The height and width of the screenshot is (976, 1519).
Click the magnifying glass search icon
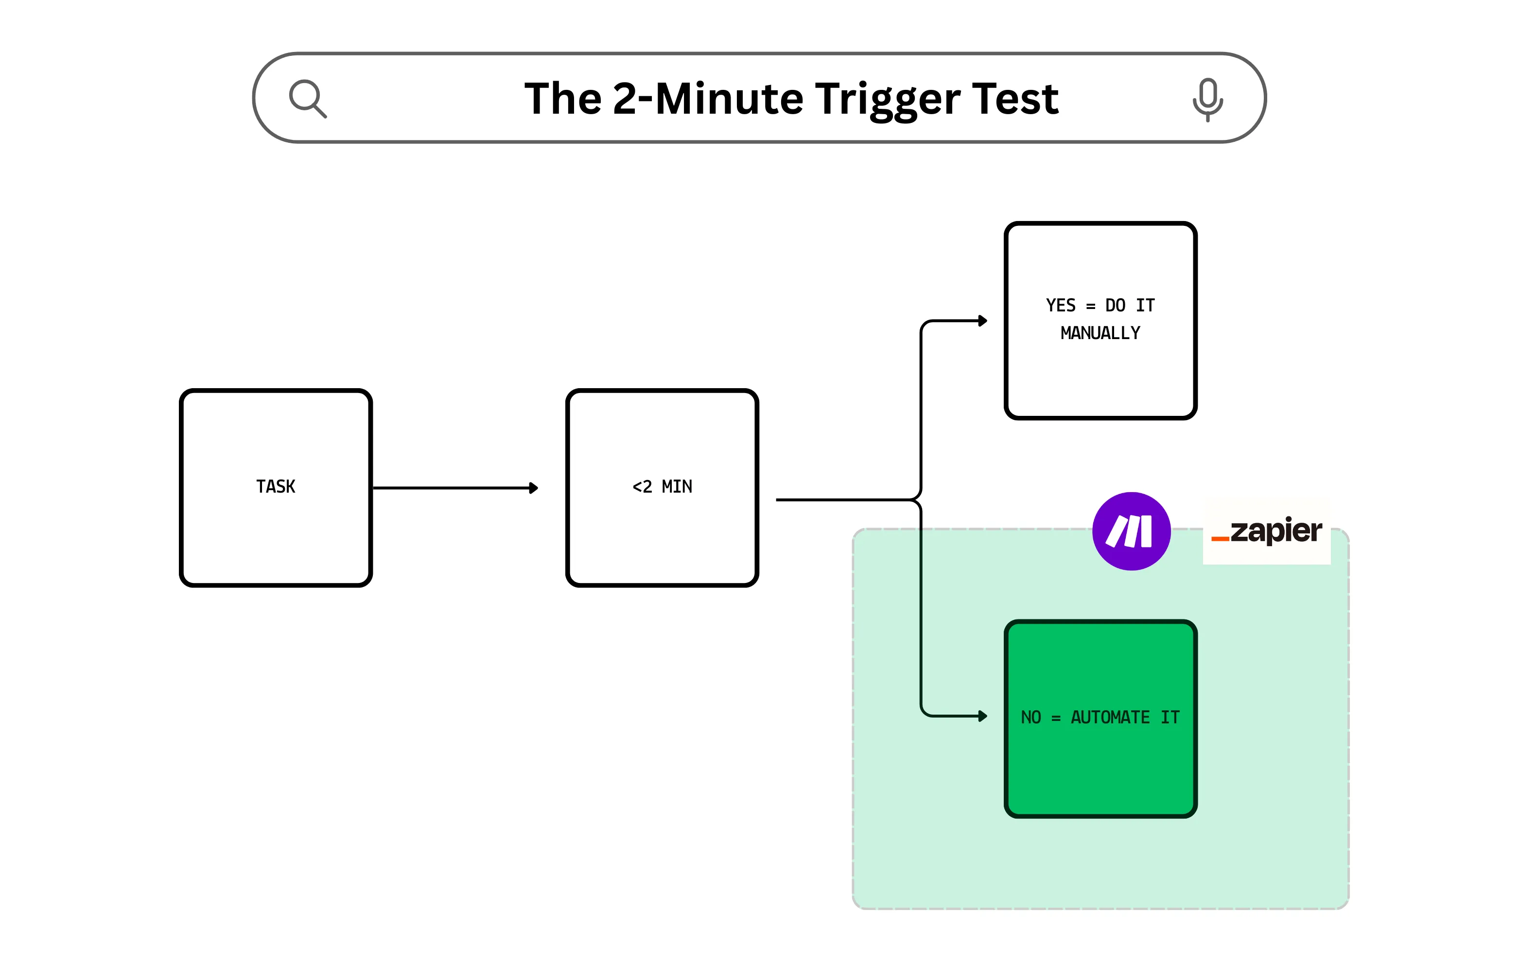pyautogui.click(x=308, y=98)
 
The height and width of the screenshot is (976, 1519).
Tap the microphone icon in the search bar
pyautogui.click(x=1207, y=99)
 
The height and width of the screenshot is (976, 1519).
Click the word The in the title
pyautogui.click(x=562, y=99)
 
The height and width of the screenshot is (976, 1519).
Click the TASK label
pyautogui.click(x=276, y=487)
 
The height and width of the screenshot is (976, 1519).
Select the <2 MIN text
pyautogui.click(x=662, y=487)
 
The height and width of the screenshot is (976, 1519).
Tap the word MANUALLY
pyautogui.click(x=1100, y=333)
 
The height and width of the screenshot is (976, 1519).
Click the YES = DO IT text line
pyautogui.click(x=1100, y=306)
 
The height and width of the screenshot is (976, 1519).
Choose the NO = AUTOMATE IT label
pyautogui.click(x=1100, y=718)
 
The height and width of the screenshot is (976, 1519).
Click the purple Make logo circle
pyautogui.click(x=1131, y=531)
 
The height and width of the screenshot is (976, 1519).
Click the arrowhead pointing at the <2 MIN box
pyautogui.click(x=534, y=488)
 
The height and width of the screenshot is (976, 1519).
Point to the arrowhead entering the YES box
pyautogui.click(x=983, y=321)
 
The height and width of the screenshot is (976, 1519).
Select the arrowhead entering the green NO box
pyautogui.click(x=983, y=716)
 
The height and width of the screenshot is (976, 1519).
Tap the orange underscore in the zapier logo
pyautogui.click(x=1220, y=539)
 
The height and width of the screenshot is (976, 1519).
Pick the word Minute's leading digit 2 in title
pyautogui.click(x=625, y=99)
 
